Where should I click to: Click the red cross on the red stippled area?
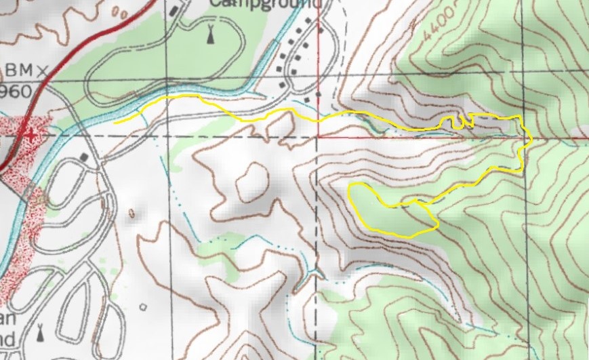28,134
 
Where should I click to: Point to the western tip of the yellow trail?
115,123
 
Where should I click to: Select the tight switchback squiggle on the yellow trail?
458,121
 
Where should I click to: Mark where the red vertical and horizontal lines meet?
318,136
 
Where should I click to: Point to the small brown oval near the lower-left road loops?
131,214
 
